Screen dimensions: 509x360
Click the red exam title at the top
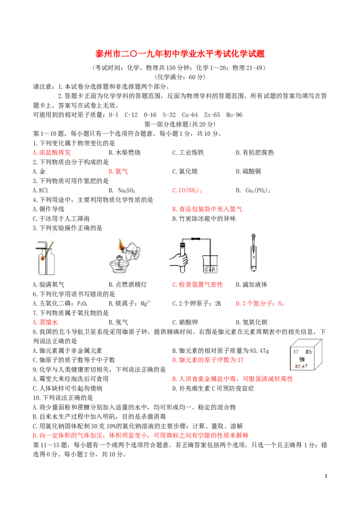[180, 54]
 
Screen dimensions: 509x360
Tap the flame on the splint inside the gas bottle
[42, 258]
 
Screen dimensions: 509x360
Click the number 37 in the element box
[296, 352]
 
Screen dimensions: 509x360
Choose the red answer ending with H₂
[260, 304]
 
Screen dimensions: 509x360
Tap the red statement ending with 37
[207, 360]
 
